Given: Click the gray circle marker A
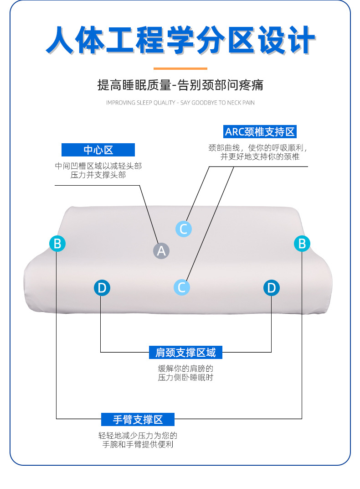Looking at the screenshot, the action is click(161, 250).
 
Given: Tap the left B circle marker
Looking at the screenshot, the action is click(57, 244).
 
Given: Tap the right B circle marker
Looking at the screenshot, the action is click(302, 244).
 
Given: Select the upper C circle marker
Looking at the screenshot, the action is click(184, 229).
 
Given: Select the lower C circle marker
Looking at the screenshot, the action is click(182, 287).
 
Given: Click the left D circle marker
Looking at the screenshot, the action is click(102, 288).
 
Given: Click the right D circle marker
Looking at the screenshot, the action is click(272, 288).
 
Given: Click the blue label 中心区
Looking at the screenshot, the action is click(98, 150).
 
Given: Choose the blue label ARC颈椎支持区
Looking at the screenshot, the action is click(260, 132).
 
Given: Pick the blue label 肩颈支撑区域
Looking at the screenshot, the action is click(185, 353).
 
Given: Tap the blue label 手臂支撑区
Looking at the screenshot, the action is click(138, 419).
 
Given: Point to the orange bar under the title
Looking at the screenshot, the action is click(180, 69).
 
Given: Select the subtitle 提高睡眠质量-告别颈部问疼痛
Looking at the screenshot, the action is click(180, 85).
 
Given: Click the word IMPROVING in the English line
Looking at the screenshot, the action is click(121, 103).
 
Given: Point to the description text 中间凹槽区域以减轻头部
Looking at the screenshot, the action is click(98, 166).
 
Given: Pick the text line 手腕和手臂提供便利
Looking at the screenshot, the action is click(138, 445).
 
